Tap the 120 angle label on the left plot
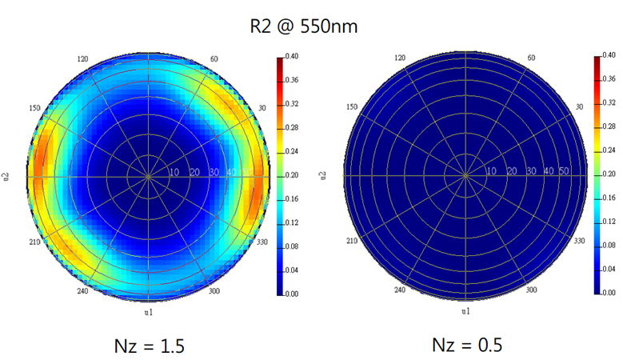82,59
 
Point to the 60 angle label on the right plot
531,59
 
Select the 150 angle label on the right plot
351,107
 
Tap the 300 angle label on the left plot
214,292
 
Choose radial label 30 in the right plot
530,171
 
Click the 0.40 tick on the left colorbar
292,57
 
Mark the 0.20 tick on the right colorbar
609,175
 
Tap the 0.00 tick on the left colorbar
292,294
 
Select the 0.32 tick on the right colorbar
609,104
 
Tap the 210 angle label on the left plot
34,241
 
